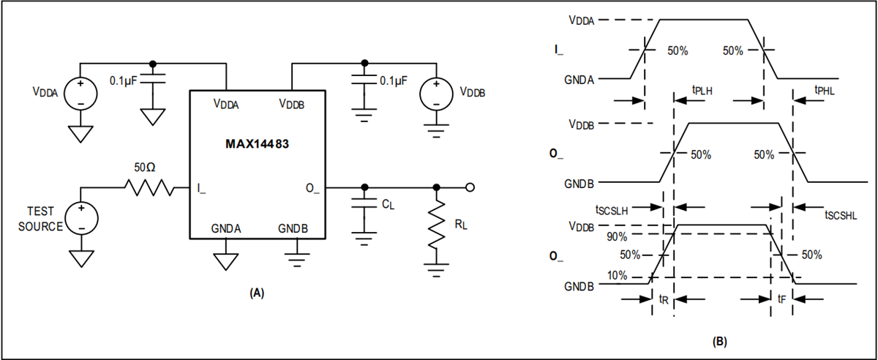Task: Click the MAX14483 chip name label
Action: pyautogui.click(x=257, y=143)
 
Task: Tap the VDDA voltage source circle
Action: pyautogui.click(x=80, y=94)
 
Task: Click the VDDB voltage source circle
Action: pyautogui.click(x=435, y=94)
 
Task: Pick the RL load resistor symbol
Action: pyautogui.click(x=436, y=226)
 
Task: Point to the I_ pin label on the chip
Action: pyautogui.click(x=202, y=190)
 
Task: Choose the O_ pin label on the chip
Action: pyautogui.click(x=312, y=190)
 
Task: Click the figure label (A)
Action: pyautogui.click(x=257, y=293)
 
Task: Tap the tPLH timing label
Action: pyautogui.click(x=703, y=90)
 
